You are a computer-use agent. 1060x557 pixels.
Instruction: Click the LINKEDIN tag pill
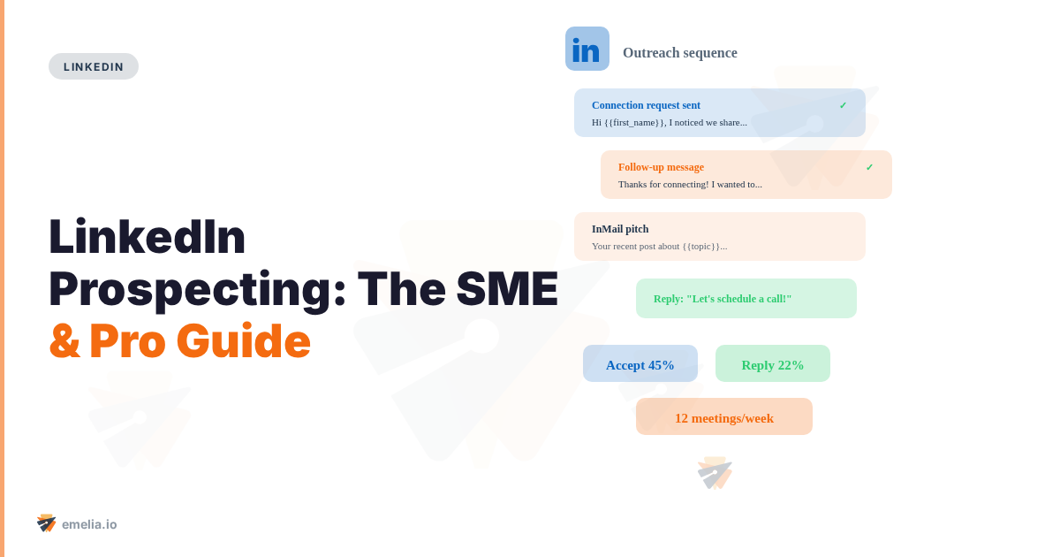pyautogui.click(x=94, y=66)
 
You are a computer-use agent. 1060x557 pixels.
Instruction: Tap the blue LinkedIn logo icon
pyautogui.click(x=587, y=49)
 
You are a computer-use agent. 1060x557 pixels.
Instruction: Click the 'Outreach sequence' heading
pyautogui.click(x=679, y=53)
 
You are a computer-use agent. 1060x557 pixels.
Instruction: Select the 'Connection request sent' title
pyautogui.click(x=646, y=105)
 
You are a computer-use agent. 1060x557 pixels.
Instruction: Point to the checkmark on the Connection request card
pyautogui.click(x=843, y=105)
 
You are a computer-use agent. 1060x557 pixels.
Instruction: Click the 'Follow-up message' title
pyautogui.click(x=661, y=167)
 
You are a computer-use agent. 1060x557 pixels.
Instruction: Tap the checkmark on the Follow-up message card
pyautogui.click(x=869, y=167)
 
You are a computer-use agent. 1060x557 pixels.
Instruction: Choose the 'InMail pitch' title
pyautogui.click(x=620, y=229)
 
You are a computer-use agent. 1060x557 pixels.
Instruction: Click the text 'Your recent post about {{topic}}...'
pyautogui.click(x=659, y=246)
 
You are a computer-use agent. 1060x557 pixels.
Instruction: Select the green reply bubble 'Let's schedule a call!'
pyautogui.click(x=746, y=299)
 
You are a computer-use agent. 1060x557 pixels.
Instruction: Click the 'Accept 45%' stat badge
pyautogui.click(x=640, y=364)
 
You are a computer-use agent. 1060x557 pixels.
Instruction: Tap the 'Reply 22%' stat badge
pyautogui.click(x=773, y=364)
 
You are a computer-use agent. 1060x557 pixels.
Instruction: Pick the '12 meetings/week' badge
pyautogui.click(x=724, y=417)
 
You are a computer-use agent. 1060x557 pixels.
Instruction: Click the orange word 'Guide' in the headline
pyautogui.click(x=243, y=341)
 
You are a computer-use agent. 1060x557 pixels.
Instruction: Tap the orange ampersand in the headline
pyautogui.click(x=64, y=341)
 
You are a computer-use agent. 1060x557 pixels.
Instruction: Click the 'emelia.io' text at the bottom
pyautogui.click(x=89, y=524)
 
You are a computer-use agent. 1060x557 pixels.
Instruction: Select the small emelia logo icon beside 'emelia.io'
pyautogui.click(x=46, y=523)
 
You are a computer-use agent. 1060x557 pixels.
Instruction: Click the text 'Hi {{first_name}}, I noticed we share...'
pyautogui.click(x=670, y=122)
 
